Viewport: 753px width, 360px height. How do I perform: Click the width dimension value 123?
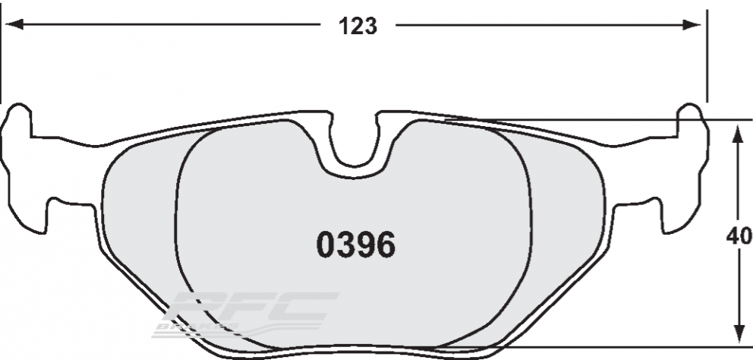357,26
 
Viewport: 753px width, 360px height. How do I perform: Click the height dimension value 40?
739,236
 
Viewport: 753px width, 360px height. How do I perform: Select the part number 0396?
355,245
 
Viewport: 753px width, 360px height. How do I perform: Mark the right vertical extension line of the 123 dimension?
707,61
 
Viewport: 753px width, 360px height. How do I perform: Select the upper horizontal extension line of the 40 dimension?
607,120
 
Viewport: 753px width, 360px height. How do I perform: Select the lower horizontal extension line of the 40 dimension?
607,346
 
